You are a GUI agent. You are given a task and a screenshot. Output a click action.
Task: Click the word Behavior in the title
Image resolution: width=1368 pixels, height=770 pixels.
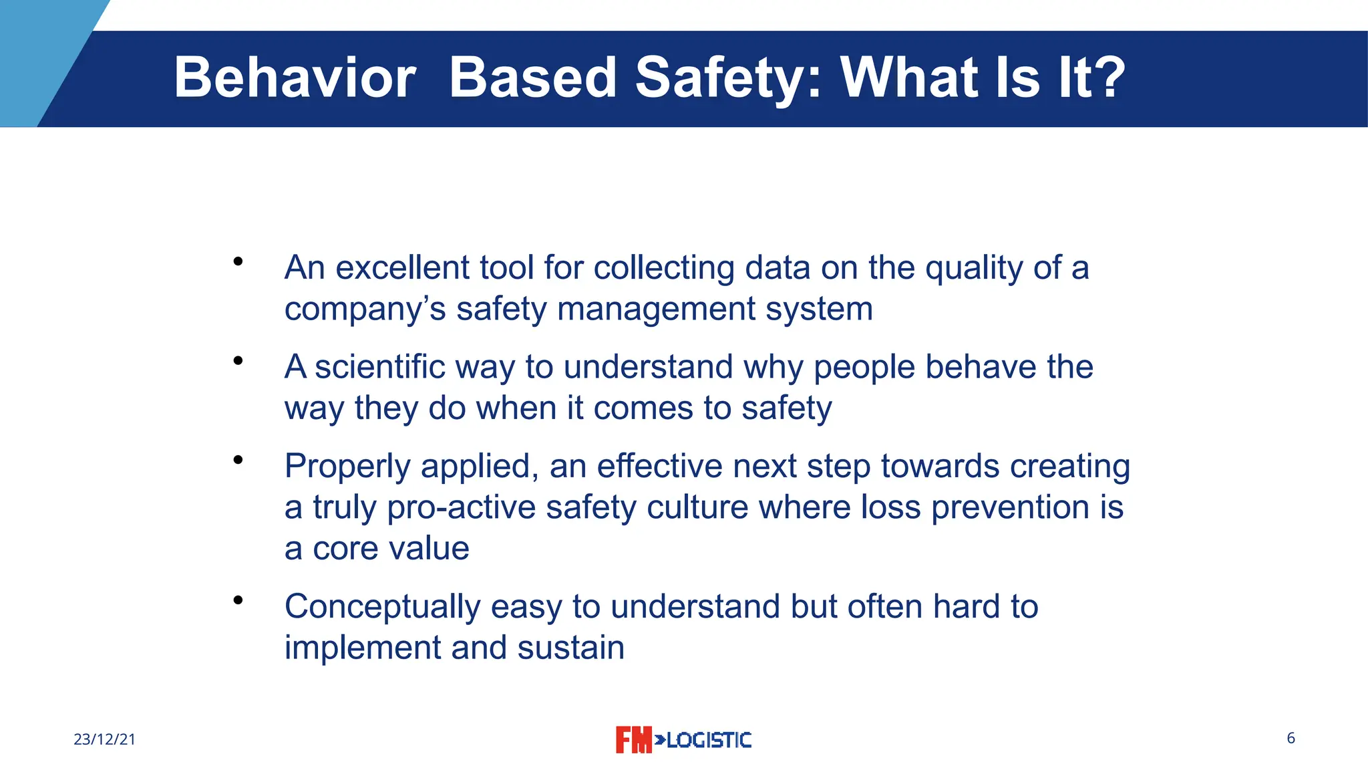[x=295, y=78]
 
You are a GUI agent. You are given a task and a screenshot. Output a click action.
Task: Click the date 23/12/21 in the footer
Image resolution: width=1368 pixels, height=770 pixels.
[x=104, y=739]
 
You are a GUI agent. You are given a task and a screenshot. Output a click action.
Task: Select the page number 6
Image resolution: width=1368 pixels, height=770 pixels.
[x=1291, y=738]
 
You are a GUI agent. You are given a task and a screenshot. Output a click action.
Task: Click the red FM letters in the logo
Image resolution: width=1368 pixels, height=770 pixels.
[x=633, y=740]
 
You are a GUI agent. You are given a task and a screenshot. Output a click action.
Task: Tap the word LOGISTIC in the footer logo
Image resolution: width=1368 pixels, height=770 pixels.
[x=709, y=740]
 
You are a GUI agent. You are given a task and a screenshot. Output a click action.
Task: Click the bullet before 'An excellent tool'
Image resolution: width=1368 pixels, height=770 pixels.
[x=238, y=262]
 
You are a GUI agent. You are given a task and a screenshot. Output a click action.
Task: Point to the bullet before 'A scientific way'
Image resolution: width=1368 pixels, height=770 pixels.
[x=238, y=362]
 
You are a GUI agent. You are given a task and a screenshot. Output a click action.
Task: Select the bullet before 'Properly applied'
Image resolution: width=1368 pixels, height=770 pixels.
[x=238, y=460]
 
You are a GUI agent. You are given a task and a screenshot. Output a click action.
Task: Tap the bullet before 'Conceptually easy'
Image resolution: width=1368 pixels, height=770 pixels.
[x=238, y=600]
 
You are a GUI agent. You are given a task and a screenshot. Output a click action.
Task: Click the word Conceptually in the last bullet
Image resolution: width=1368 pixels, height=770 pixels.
[x=382, y=607]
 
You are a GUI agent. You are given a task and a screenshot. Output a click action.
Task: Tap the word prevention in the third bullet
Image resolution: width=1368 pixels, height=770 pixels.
[x=1009, y=507]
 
